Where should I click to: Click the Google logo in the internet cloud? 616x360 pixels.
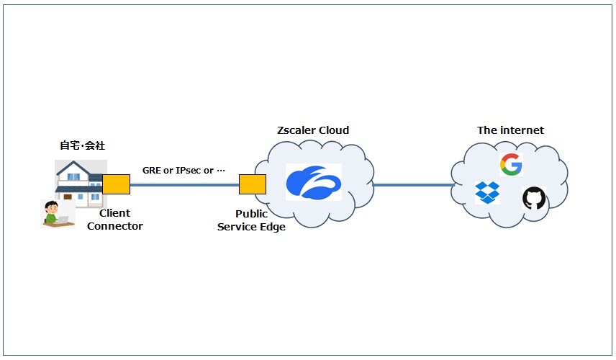511,164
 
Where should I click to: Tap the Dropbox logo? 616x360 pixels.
487,192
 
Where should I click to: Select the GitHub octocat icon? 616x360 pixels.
534,198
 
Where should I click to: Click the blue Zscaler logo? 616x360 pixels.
314,182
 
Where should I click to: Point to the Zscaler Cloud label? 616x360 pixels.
313,130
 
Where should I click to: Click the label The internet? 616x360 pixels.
510,130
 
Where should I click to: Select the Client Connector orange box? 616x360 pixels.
117,184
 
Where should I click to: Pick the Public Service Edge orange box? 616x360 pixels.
253,184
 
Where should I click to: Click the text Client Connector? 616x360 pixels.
114,220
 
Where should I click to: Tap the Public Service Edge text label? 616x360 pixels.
251,220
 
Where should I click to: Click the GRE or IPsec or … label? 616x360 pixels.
184,170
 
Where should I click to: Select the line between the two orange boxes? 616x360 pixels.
185,185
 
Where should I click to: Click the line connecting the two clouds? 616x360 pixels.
413,185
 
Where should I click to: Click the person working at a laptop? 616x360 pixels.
58,213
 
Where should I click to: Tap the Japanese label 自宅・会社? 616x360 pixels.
83,145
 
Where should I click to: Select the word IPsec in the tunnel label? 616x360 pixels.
188,170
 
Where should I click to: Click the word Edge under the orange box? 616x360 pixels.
272,228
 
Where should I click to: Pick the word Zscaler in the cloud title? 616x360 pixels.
296,130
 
